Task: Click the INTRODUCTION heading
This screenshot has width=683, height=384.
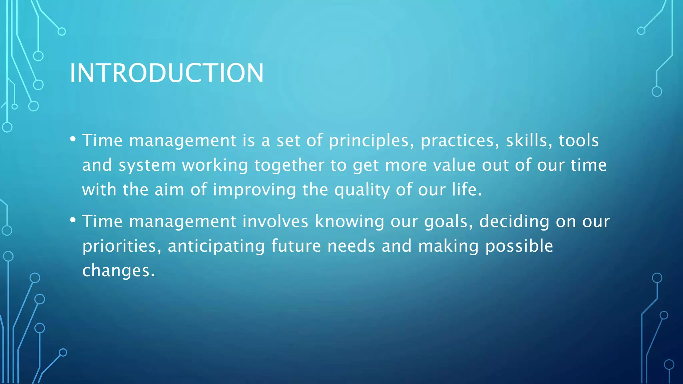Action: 166,73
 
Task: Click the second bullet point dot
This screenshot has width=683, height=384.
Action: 73,220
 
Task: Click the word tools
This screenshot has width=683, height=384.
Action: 579,140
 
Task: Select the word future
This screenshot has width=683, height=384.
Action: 296,246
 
